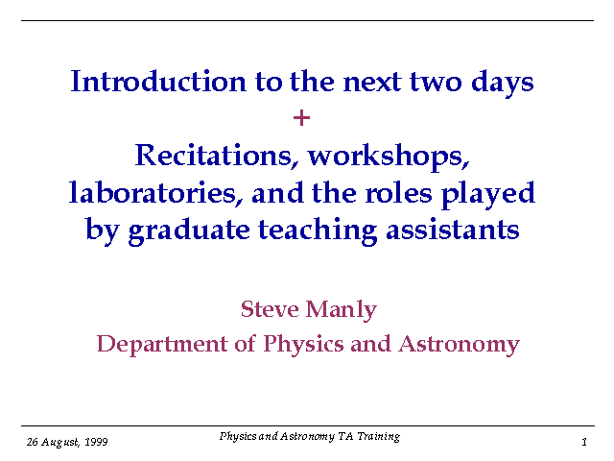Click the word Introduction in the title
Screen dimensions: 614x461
[x=158, y=81]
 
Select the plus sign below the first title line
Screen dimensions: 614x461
[x=301, y=118]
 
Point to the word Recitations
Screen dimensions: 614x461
[x=214, y=156]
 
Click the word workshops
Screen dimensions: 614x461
[x=389, y=157]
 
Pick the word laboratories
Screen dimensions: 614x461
[x=156, y=193]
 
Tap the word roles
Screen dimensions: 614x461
[x=399, y=193]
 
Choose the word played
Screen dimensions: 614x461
[x=488, y=195]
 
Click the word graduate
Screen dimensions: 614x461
[x=189, y=230]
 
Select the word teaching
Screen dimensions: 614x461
[x=318, y=230]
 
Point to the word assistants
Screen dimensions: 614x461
[x=453, y=230]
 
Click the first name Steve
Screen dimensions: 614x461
[x=270, y=309]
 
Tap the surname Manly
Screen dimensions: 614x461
[x=342, y=310]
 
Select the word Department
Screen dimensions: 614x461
[x=162, y=344]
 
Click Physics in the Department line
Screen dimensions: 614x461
[x=303, y=345]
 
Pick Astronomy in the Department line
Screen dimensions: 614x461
[x=459, y=345]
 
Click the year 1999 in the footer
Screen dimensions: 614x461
[x=96, y=442]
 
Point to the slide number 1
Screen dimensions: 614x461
[x=584, y=442]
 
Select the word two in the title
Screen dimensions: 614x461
[x=436, y=83]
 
